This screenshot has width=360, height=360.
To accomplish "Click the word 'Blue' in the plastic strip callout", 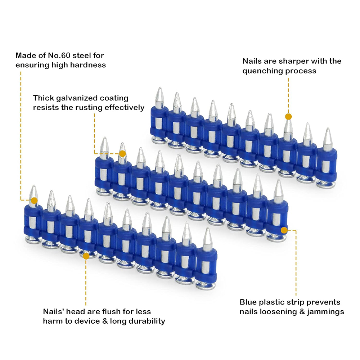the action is pyautogui.click(x=249, y=302).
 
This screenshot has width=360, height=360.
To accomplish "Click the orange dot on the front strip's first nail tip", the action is pyautogui.click(x=34, y=201).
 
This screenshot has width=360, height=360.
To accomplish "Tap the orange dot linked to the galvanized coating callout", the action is pyautogui.click(x=123, y=154).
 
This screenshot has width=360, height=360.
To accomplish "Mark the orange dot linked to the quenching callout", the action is pyautogui.click(x=288, y=117).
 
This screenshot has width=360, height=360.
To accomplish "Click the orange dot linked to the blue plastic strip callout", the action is pyautogui.click(x=284, y=230).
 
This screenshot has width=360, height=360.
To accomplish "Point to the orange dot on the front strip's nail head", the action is pyautogui.click(x=86, y=256).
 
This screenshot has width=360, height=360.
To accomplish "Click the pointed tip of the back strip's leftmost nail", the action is pyautogui.click(x=159, y=88).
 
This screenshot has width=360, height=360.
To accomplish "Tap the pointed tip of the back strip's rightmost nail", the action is pyautogui.click(x=328, y=129).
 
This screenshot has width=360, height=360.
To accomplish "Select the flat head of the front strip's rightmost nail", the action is pyautogui.click(x=206, y=286).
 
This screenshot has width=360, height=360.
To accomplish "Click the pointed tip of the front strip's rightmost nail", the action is pyautogui.click(x=208, y=228).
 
